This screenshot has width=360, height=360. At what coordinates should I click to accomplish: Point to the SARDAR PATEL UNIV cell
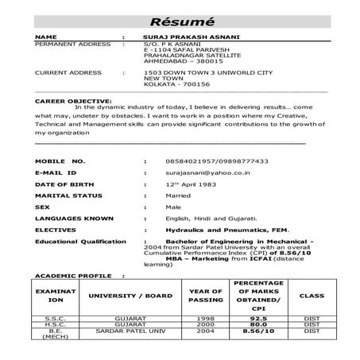(120, 331)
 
